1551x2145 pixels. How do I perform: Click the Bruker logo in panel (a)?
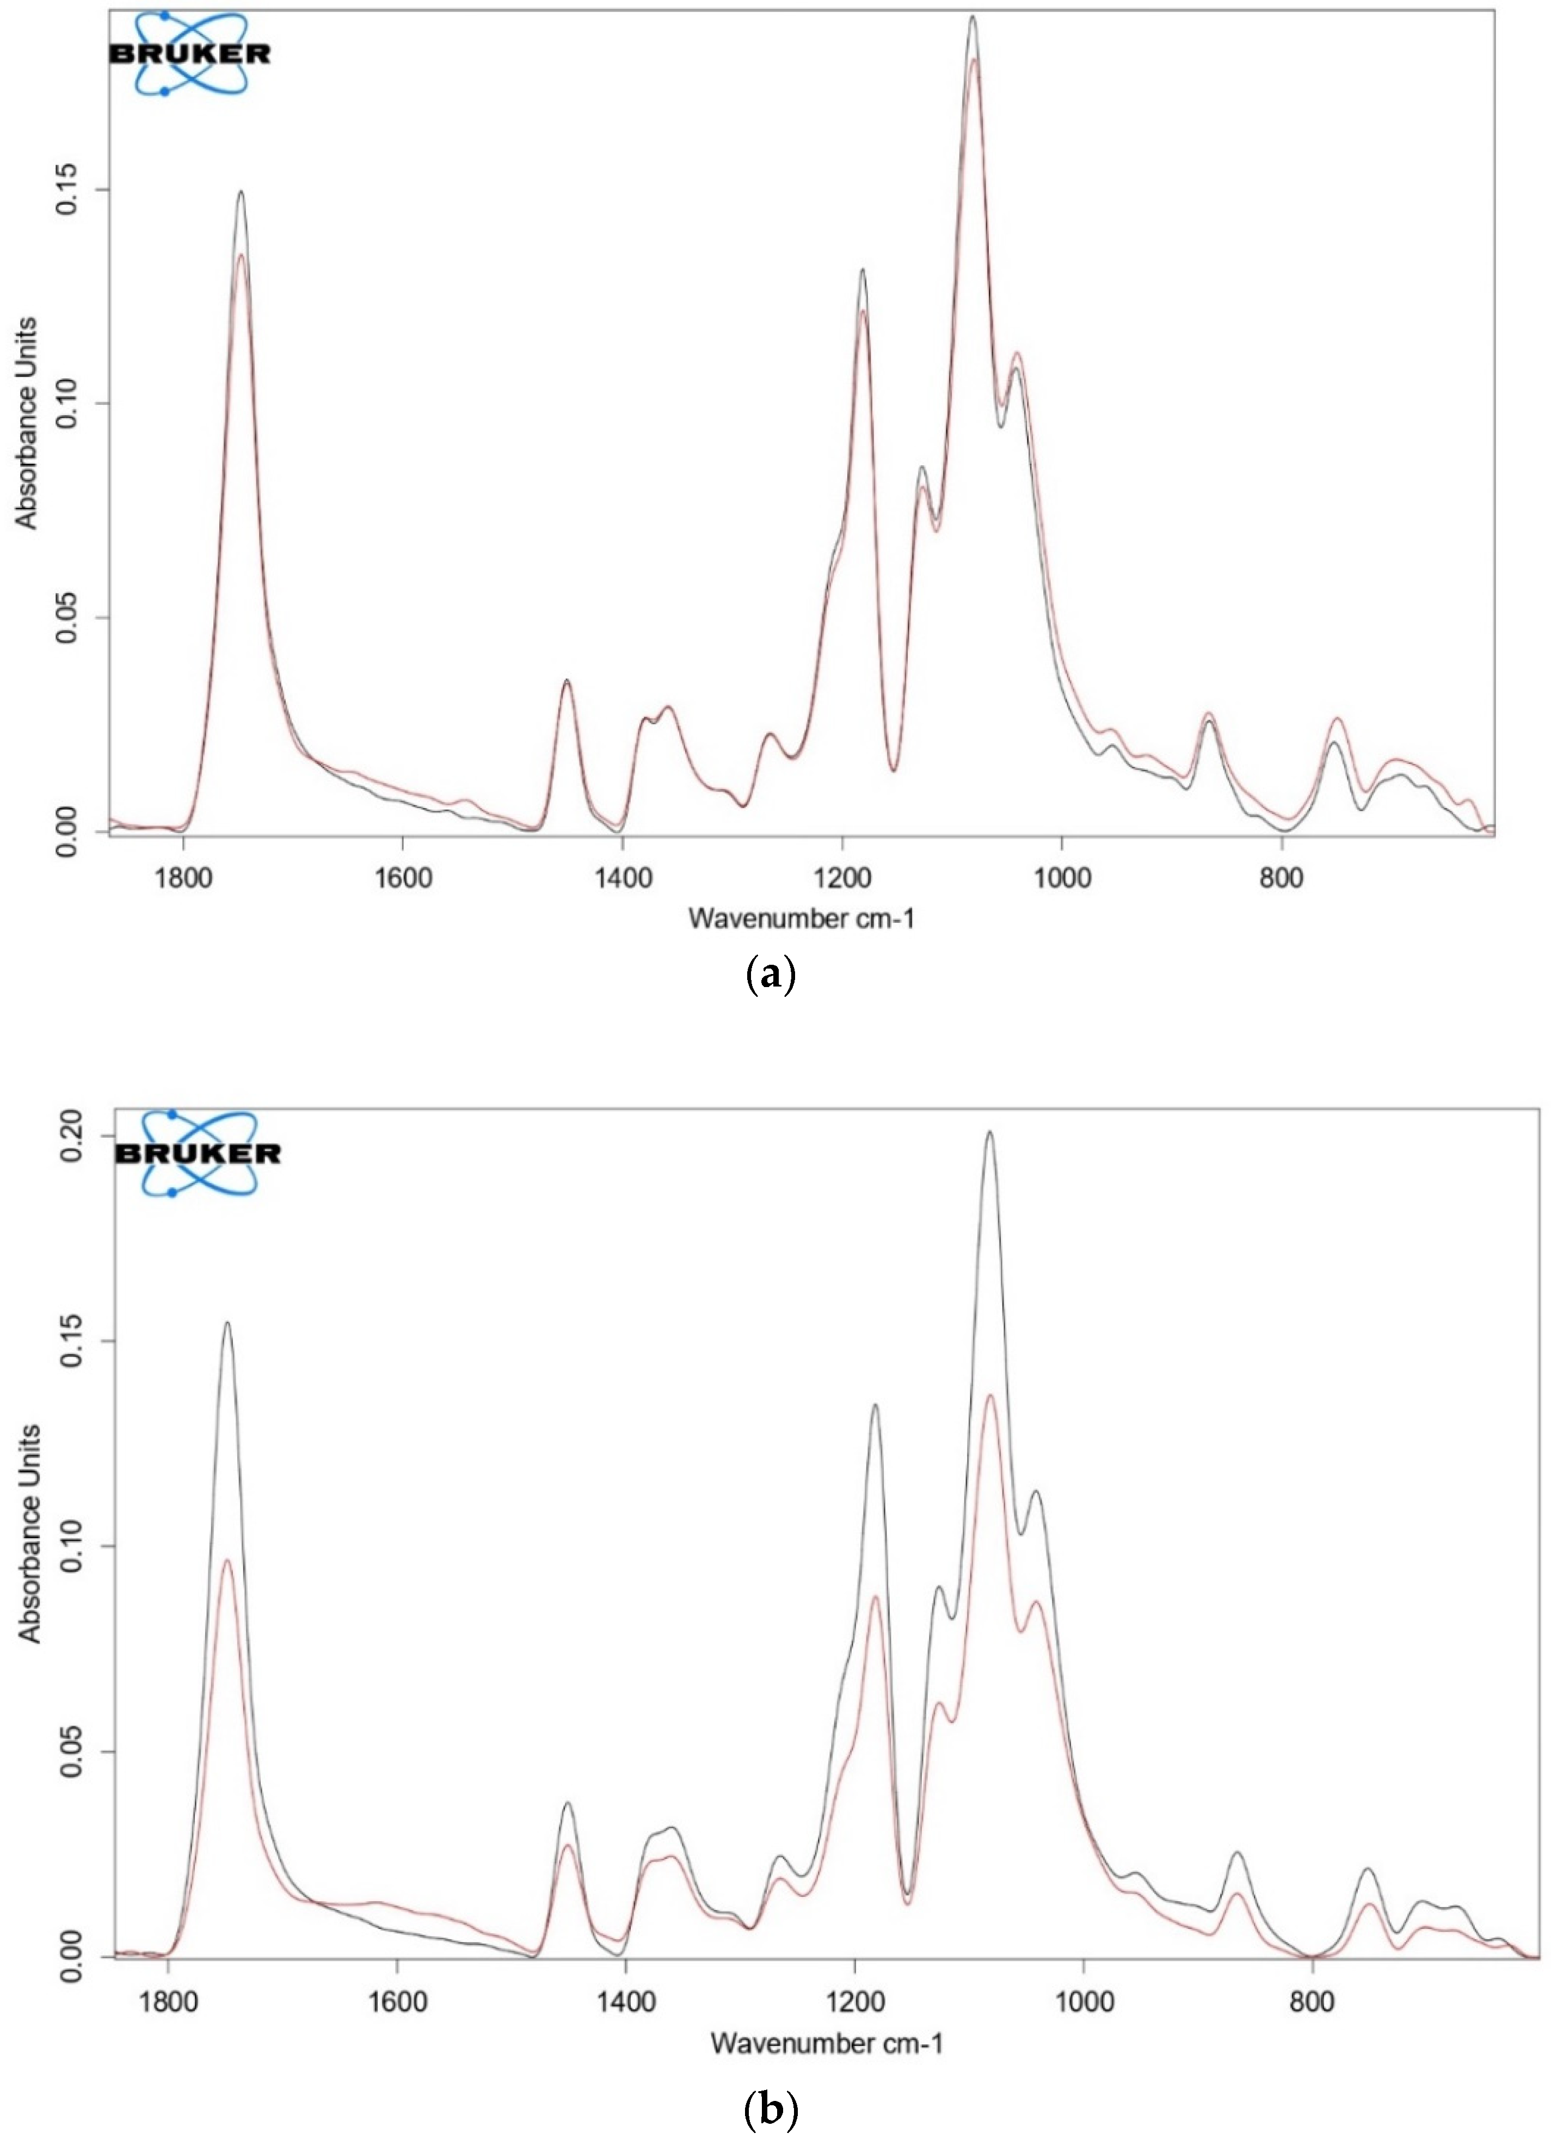(190, 54)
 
